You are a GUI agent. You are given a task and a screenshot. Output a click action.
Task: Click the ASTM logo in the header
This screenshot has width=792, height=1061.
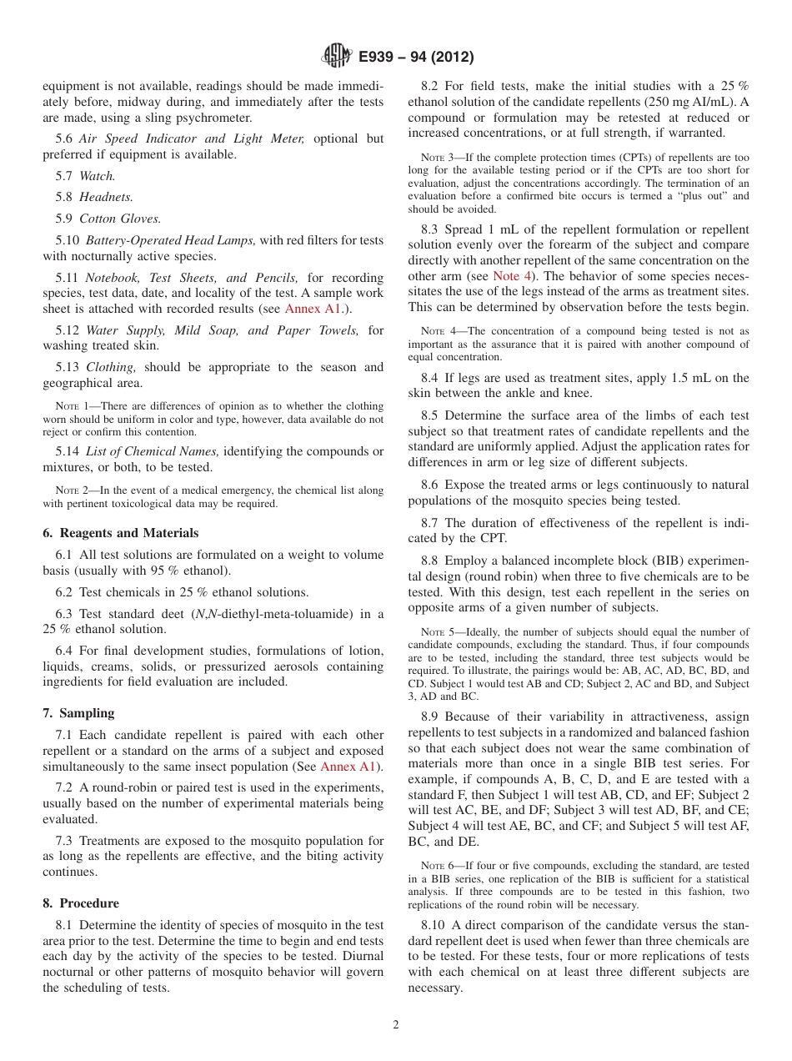pos(337,57)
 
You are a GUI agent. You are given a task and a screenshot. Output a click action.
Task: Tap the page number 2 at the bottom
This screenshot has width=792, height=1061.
pos(396,1025)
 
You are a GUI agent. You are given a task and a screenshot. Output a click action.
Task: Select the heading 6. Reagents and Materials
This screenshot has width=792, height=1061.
pos(120,533)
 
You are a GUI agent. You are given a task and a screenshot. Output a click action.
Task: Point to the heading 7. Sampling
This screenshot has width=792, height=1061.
pos(78,713)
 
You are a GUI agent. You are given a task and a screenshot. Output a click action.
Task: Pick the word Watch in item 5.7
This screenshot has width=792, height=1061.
pos(97,176)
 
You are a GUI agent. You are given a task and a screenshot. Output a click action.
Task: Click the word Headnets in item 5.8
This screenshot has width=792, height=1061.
pos(106,197)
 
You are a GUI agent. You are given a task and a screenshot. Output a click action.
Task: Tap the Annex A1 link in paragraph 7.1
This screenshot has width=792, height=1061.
pos(349,767)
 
